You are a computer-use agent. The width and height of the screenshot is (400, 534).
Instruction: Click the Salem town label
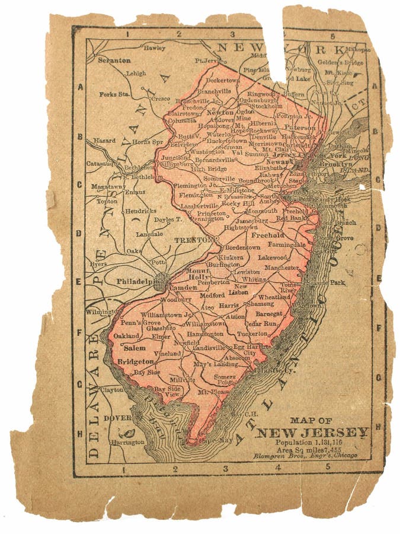(135, 348)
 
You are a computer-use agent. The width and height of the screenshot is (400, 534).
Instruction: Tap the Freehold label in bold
(268, 235)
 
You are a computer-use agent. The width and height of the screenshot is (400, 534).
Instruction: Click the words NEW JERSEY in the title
(312, 432)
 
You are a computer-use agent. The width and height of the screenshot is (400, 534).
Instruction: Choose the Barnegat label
(269, 313)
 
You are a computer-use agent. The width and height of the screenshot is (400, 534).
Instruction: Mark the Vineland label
(167, 353)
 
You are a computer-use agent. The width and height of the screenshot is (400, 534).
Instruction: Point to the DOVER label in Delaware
(117, 418)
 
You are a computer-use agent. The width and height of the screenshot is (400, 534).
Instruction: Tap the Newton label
(219, 112)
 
